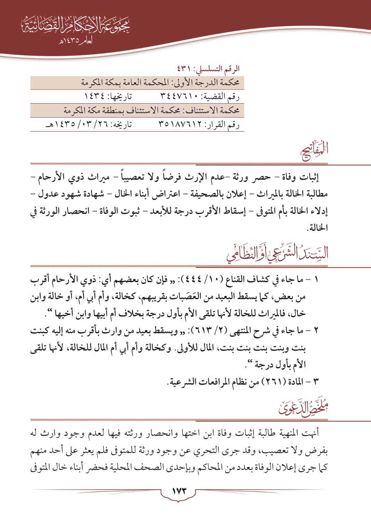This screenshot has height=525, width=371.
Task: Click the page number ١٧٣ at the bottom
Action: (178, 491)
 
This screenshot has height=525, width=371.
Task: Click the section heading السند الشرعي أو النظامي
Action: (277, 253)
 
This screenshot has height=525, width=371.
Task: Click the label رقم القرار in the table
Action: (224, 125)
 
